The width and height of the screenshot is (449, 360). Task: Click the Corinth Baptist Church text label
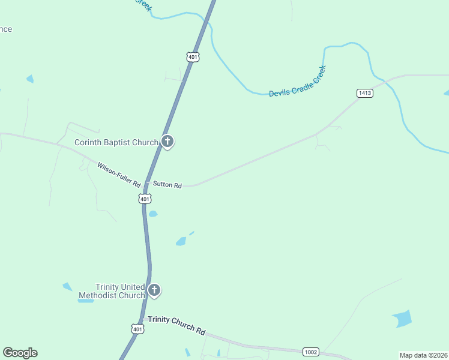(116, 142)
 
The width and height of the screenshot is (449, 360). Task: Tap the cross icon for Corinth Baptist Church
(167, 142)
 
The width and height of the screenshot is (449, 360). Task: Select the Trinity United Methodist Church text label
(120, 292)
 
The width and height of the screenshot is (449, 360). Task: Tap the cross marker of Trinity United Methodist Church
(154, 291)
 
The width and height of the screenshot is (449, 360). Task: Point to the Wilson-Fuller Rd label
(119, 174)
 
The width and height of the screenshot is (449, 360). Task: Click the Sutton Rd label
(167, 185)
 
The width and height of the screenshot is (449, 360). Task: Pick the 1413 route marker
(364, 92)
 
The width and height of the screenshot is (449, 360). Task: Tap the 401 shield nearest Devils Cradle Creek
(192, 57)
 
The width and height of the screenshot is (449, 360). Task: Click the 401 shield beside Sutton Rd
(145, 198)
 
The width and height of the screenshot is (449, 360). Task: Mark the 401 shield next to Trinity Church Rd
(137, 329)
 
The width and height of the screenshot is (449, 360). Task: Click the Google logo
(20, 353)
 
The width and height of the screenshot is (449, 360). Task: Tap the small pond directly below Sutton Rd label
(153, 214)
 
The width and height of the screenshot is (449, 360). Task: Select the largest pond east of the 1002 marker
(402, 318)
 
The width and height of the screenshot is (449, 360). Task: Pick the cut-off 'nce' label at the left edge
(5, 29)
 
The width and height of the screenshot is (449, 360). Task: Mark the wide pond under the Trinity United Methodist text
(86, 300)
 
